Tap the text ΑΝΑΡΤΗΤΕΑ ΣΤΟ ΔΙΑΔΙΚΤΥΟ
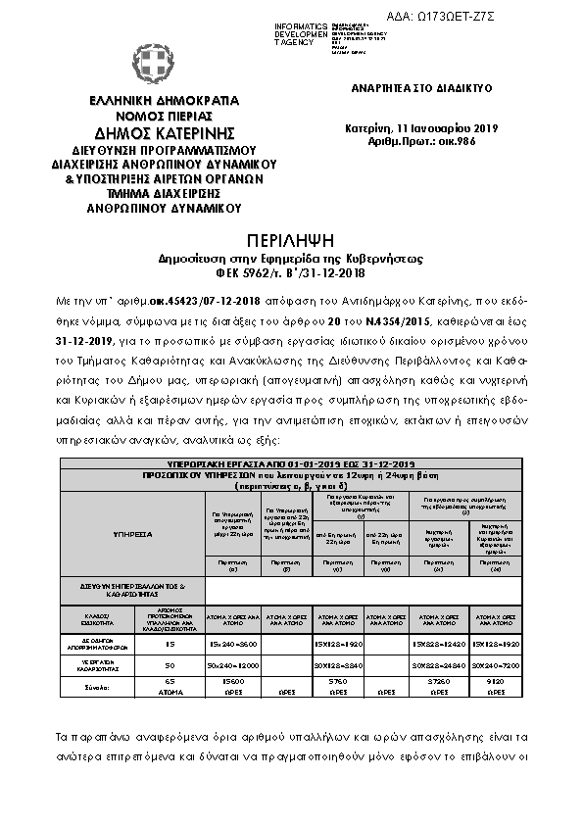click(421, 87)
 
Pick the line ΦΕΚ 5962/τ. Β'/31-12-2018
click(290, 274)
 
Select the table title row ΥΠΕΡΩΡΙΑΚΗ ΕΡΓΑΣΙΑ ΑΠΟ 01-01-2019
click(290, 461)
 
